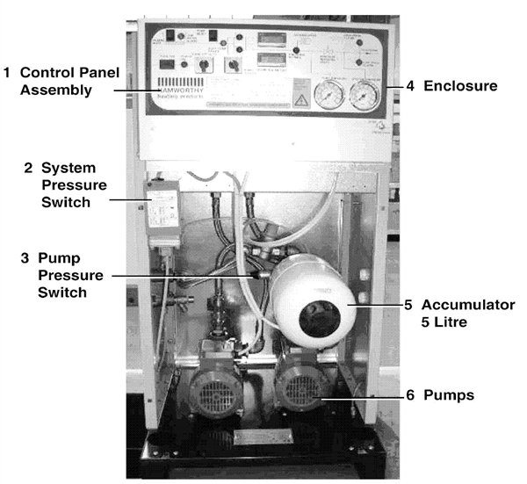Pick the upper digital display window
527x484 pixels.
click(268, 38)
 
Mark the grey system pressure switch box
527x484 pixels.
click(162, 211)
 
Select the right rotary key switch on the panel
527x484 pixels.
click(232, 64)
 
